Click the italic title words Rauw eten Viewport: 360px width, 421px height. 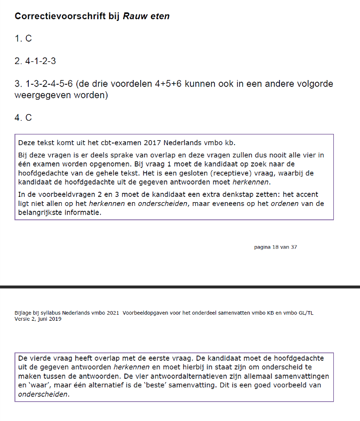[147, 16]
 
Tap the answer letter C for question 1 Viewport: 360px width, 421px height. [29, 38]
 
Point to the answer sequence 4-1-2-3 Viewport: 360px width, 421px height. [41, 61]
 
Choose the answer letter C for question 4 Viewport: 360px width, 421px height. [29, 117]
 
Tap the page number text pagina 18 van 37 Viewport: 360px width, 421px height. [275, 247]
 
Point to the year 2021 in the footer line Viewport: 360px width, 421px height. [111, 313]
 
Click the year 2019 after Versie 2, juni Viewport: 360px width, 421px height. [54, 319]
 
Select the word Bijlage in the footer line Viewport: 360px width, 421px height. [23, 313]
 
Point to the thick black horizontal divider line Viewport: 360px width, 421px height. [180, 287]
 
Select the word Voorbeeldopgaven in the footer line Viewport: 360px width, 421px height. [144, 313]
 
